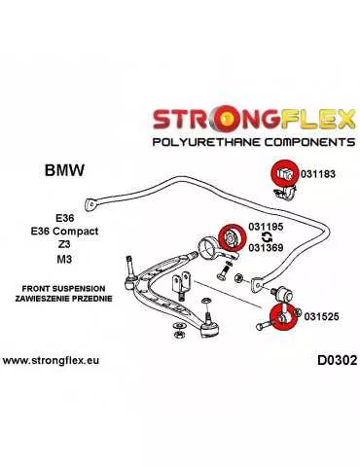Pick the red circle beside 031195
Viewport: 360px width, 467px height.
pyautogui.click(x=232, y=235)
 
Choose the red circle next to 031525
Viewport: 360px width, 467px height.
pyautogui.click(x=278, y=316)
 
